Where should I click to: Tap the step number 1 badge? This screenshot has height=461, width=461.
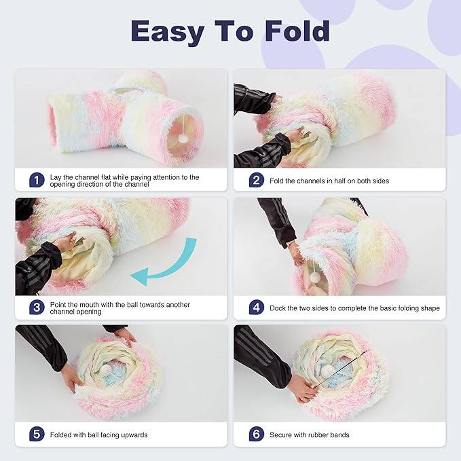[x=37, y=180]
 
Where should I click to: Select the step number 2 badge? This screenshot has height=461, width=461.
[x=256, y=180]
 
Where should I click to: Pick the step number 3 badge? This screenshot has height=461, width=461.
[x=37, y=307]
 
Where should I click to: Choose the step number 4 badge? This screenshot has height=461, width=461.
[x=256, y=308]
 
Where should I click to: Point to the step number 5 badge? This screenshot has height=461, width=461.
[x=37, y=435]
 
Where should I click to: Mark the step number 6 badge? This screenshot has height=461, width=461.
[x=256, y=435]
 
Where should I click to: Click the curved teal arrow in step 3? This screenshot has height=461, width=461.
[x=166, y=265]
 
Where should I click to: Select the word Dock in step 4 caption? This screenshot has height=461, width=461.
[x=279, y=308]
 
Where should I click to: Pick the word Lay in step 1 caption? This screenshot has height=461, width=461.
[x=56, y=177]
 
